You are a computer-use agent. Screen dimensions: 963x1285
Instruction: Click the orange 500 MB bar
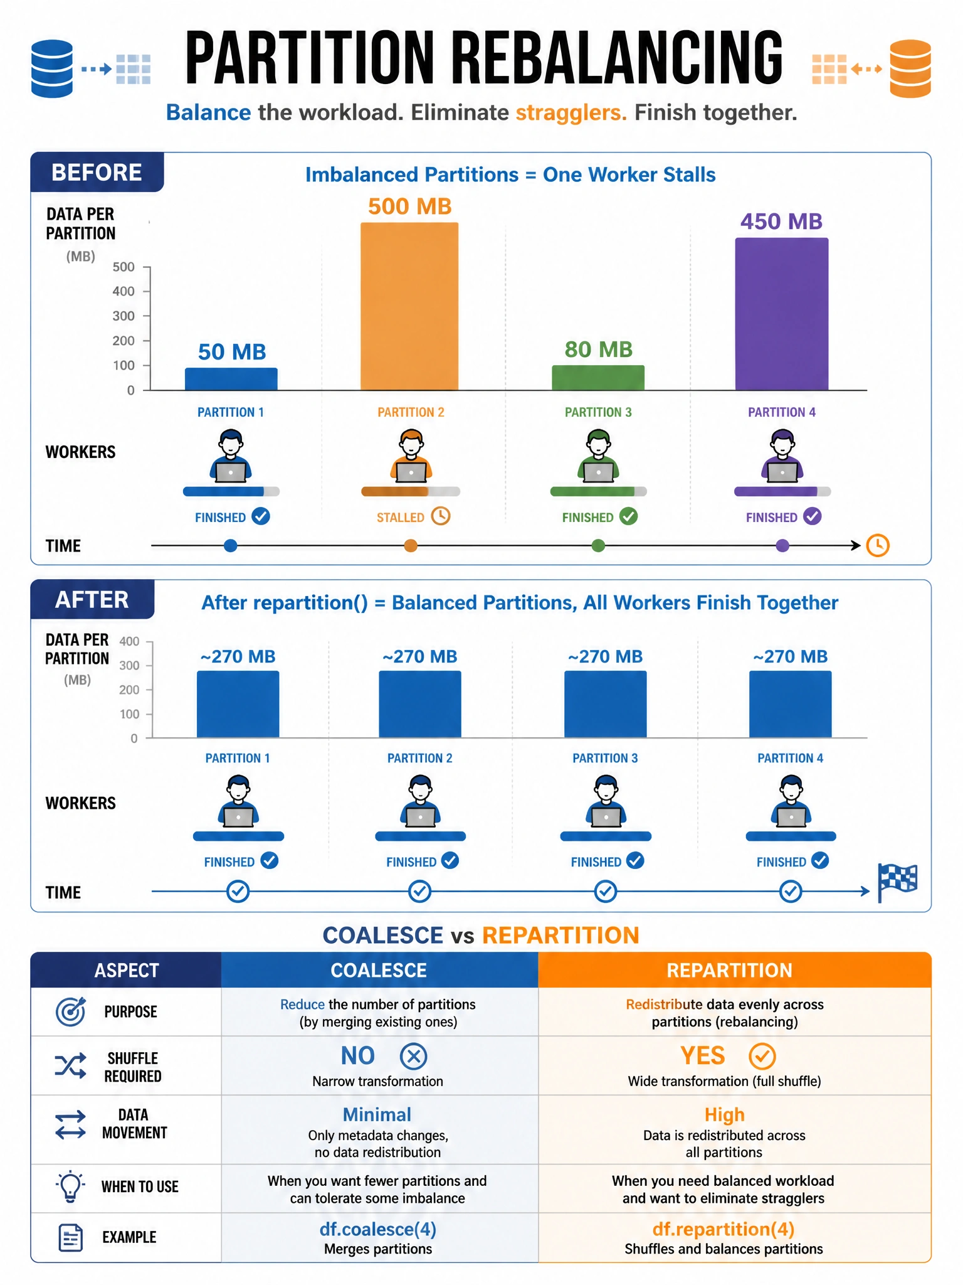[x=409, y=306]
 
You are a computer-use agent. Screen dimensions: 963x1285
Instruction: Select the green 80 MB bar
[x=598, y=378]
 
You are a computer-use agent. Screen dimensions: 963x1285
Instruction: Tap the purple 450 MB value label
[x=781, y=221]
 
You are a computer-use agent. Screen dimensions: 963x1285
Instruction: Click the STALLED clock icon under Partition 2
[x=441, y=516]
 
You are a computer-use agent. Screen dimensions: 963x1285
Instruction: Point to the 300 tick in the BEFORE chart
[x=124, y=316]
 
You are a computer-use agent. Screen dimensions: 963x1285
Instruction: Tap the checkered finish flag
[x=897, y=882]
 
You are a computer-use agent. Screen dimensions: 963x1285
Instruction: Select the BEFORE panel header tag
[x=97, y=172]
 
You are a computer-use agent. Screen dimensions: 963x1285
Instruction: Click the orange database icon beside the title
[x=910, y=68]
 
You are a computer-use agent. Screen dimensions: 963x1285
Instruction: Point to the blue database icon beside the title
[x=52, y=68]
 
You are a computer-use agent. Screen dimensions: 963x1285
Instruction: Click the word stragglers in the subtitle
[x=571, y=113]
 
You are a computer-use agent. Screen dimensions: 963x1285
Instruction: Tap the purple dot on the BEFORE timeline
[x=782, y=546]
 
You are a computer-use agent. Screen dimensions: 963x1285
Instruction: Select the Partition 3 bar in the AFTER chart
[x=605, y=705]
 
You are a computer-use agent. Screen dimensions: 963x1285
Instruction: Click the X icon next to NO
[x=413, y=1056]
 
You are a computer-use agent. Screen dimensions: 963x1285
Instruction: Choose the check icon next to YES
[x=762, y=1056]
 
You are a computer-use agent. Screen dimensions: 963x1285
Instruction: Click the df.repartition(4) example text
[x=724, y=1229]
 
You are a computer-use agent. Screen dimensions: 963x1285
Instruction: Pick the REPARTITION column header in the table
[x=729, y=971]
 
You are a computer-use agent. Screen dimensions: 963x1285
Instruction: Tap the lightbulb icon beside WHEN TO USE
[x=70, y=1186]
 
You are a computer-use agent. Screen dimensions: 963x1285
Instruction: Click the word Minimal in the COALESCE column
[x=377, y=1114]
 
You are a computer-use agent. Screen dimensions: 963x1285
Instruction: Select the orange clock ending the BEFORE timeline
[x=878, y=545]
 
